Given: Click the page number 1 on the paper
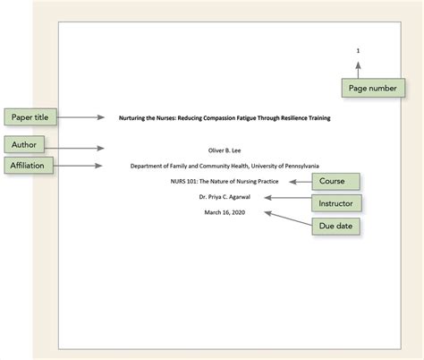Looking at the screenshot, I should click(x=358, y=50).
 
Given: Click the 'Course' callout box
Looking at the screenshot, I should click(x=335, y=182).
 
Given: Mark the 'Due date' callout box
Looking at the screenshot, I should click(x=336, y=226).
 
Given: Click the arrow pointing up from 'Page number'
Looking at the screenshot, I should click(x=358, y=68).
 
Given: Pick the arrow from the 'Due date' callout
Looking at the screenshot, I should click(x=286, y=219).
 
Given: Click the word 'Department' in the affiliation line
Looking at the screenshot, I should click(x=148, y=166).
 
